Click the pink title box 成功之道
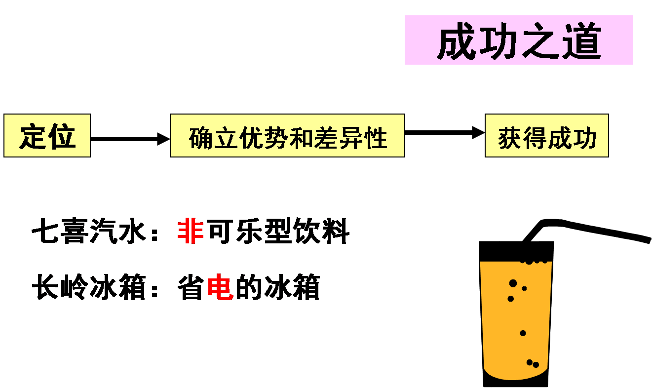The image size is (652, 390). (518, 40)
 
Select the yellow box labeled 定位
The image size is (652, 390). (47, 136)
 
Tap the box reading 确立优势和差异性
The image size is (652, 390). (287, 136)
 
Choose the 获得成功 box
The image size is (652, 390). (546, 136)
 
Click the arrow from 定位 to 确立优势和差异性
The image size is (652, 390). (130, 139)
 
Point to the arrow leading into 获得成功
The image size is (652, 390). (444, 132)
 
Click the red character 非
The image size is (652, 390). (191, 231)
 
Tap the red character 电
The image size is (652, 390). (220, 287)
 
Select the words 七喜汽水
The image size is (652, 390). (89, 231)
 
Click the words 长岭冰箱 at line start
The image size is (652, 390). (89, 287)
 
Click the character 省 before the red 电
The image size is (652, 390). (191, 287)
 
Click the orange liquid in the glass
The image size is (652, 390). (516, 321)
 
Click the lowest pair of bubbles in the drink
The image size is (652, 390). (533, 364)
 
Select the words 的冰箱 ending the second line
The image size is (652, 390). (277, 287)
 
